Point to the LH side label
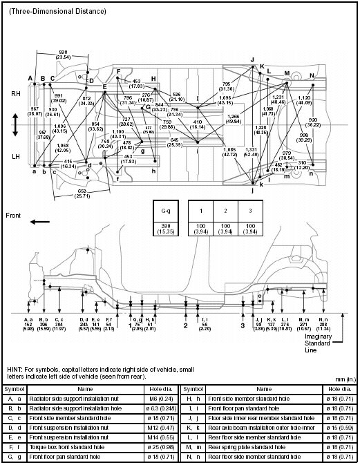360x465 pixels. [x=15, y=157]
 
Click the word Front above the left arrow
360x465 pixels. [x=16, y=215]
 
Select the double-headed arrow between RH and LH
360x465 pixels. [x=15, y=124]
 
